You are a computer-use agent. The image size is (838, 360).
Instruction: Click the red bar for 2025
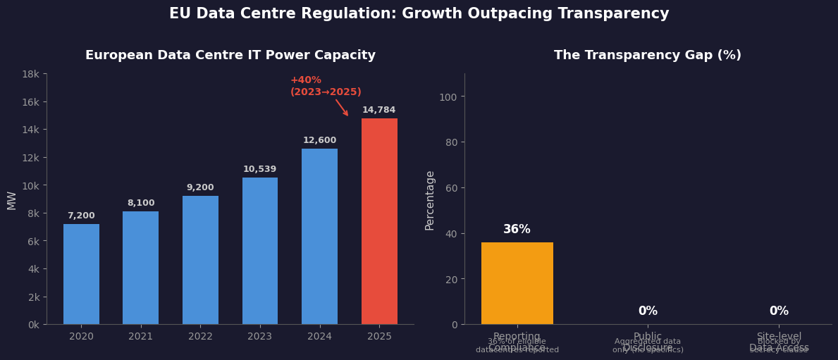[x=379, y=221]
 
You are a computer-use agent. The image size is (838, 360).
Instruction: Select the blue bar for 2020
[x=81, y=274]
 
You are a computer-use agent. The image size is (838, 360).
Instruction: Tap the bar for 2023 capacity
[x=260, y=251]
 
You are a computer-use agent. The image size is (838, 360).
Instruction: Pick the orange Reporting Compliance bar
[x=517, y=283]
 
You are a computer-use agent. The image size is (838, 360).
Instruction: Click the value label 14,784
[x=378, y=110]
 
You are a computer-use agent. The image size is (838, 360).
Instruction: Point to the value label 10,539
[x=259, y=169]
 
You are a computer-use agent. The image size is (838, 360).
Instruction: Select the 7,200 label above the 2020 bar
[x=81, y=216]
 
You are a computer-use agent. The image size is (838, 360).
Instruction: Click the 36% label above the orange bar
[x=517, y=230]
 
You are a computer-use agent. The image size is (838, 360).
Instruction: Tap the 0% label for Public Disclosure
[x=648, y=311]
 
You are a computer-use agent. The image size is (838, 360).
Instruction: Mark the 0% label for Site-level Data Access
[x=779, y=311]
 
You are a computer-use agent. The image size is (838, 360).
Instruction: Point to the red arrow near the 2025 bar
[x=342, y=107]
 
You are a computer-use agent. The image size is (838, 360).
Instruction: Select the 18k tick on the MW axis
[x=30, y=74]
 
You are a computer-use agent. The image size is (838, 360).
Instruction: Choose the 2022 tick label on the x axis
[x=200, y=337]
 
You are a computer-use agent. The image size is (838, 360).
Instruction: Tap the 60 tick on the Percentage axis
[x=451, y=187]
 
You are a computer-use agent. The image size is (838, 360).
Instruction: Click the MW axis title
[x=12, y=200]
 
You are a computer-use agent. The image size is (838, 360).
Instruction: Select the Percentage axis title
[x=430, y=200]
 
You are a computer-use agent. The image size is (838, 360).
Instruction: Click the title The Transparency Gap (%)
[x=647, y=56]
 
